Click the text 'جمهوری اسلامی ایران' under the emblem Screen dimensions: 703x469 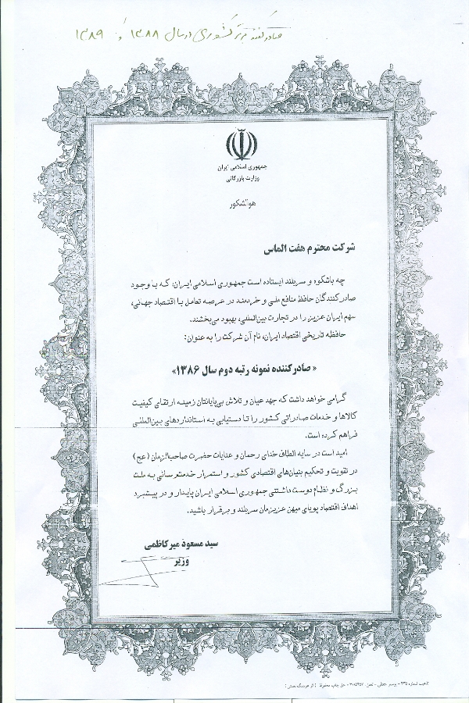(235, 168)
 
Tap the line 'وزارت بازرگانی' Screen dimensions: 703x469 (235, 179)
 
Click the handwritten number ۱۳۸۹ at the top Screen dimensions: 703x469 (95, 34)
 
